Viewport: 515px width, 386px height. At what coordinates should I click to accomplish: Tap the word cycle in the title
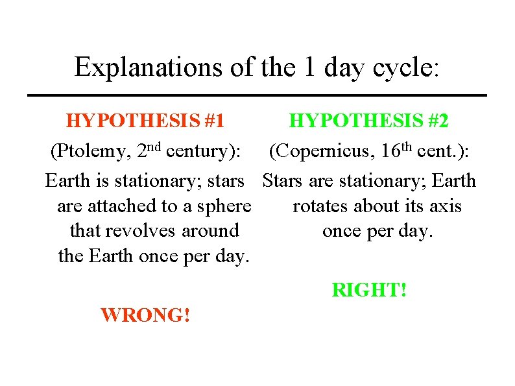pyautogui.click(x=405, y=67)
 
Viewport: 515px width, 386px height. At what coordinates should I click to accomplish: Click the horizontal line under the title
pyautogui.click(x=257, y=95)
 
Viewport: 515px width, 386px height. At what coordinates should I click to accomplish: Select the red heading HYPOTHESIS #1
pyautogui.click(x=145, y=121)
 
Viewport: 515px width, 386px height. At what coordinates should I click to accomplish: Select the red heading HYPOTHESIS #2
pyautogui.click(x=368, y=121)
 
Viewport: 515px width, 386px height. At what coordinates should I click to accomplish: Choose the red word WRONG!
pyautogui.click(x=145, y=316)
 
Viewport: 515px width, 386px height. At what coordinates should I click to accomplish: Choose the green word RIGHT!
pyautogui.click(x=370, y=290)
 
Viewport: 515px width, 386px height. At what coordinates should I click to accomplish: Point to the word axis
pyautogui.click(x=444, y=206)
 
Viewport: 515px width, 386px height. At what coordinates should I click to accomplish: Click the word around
pyautogui.click(x=210, y=231)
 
